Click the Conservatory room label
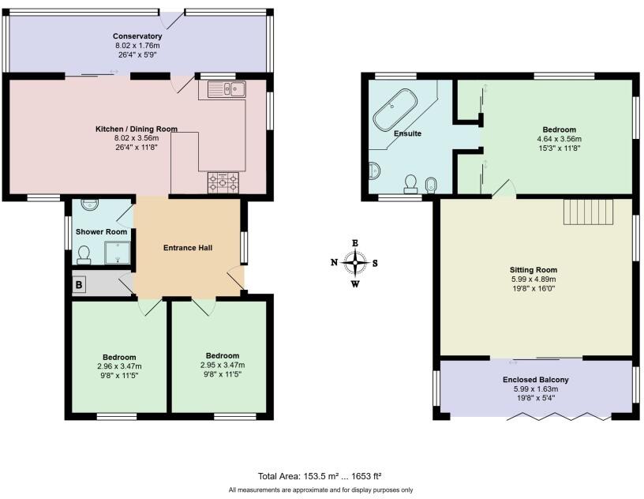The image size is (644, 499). tap(137, 36)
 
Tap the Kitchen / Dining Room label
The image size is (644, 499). tap(136, 129)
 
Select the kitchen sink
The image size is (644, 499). tap(227, 89)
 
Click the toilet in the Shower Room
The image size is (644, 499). tap(84, 254)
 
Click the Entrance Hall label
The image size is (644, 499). tap(188, 248)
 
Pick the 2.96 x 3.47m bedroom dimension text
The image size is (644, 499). tap(119, 366)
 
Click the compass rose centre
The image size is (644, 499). tap(356, 263)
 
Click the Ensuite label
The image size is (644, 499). tap(408, 133)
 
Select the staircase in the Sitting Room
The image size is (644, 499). tap(588, 212)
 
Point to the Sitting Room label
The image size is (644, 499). tap(533, 268)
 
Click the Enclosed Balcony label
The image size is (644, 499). tap(536, 380)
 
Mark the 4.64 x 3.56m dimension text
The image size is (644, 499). tap(559, 139)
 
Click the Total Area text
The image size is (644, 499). tap(320, 476)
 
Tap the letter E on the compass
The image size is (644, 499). tap(356, 243)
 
